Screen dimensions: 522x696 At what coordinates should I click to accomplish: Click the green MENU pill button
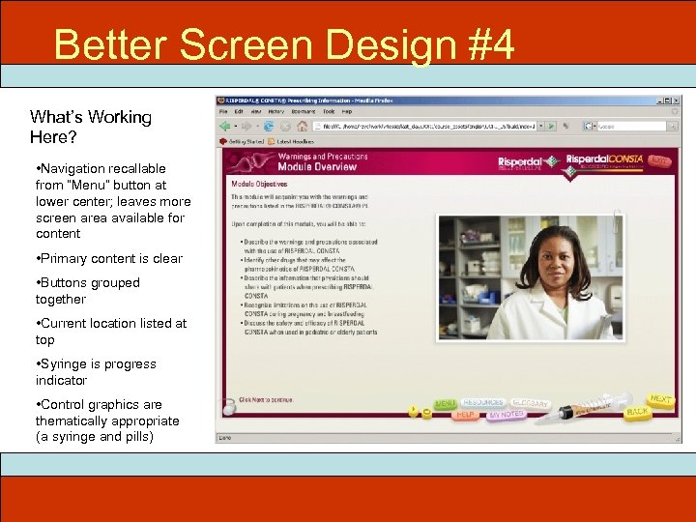point(446,403)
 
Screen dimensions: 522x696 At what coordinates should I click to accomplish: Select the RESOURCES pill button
point(484,402)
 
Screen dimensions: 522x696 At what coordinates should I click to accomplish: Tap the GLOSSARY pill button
point(531,403)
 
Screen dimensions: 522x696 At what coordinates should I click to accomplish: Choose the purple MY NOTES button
point(507,415)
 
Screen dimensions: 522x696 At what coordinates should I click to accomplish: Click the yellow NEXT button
point(661,398)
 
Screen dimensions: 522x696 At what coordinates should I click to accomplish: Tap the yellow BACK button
point(637,412)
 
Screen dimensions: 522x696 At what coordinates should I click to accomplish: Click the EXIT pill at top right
point(659,160)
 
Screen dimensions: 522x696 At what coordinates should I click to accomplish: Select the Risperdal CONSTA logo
point(602,161)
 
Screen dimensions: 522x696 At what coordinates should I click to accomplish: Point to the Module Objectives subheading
point(258,184)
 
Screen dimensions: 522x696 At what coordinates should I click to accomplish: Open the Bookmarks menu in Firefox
point(303,111)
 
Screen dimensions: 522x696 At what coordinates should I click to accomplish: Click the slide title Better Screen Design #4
point(284,44)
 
